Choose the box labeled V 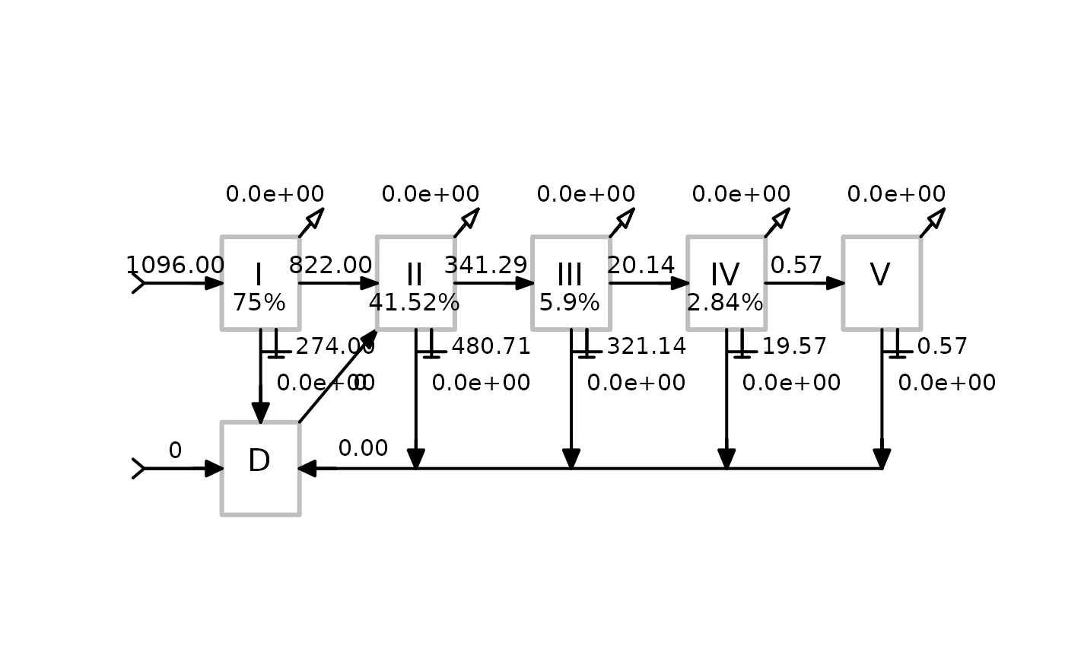coord(881,282)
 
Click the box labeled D coord(260,468)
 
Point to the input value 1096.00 coord(175,265)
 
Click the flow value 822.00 coord(330,265)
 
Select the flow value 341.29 coord(485,265)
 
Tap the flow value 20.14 coord(641,265)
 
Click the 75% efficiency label coord(259,303)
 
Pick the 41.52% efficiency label coord(414,303)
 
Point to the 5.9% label coord(570,303)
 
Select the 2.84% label coord(725,303)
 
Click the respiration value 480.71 coord(491,347)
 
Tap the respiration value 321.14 coord(646,347)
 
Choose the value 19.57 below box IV coord(794,347)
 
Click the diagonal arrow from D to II coord(338,377)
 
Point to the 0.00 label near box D coord(363,448)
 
